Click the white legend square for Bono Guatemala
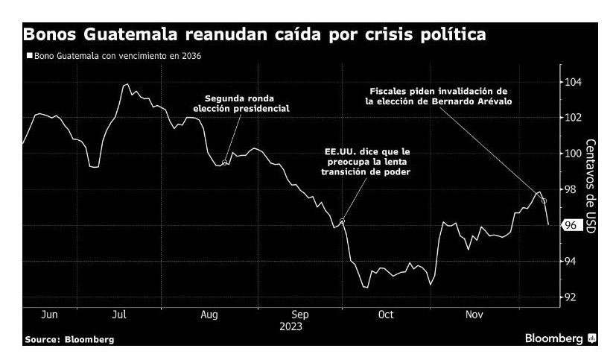(x=29, y=56)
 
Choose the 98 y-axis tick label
(x=571, y=189)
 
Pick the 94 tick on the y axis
(x=571, y=261)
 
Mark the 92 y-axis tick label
(x=571, y=297)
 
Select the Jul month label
(x=118, y=315)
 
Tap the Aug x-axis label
(x=209, y=315)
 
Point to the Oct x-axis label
(x=385, y=315)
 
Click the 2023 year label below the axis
(x=291, y=326)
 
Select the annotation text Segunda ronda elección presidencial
(x=241, y=103)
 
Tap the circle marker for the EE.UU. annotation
(x=342, y=221)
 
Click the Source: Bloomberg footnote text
(x=69, y=340)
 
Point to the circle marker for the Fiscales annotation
(x=544, y=200)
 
